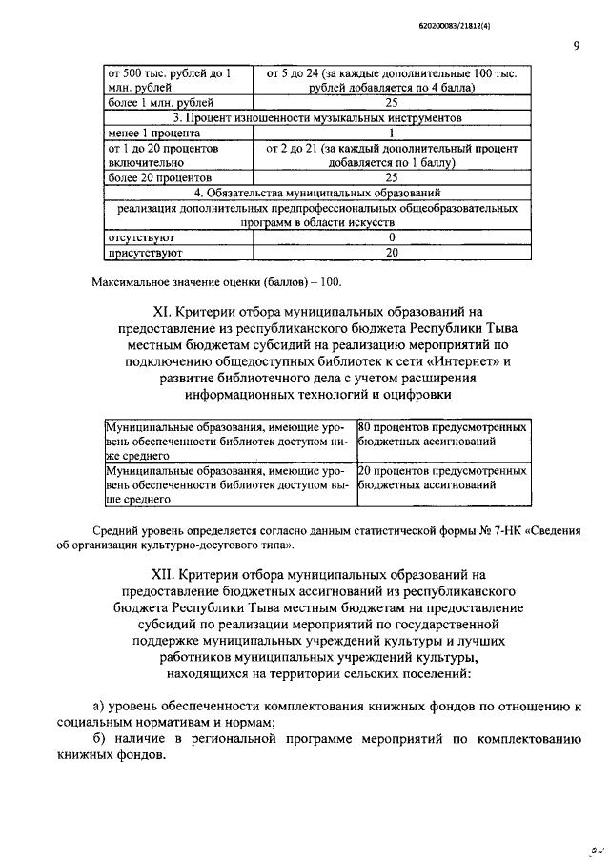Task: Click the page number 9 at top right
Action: click(577, 45)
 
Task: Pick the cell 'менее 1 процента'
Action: click(147, 134)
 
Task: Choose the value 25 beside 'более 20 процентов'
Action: click(391, 176)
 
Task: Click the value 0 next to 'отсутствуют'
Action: click(391, 236)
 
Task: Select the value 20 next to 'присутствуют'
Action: click(391, 253)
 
